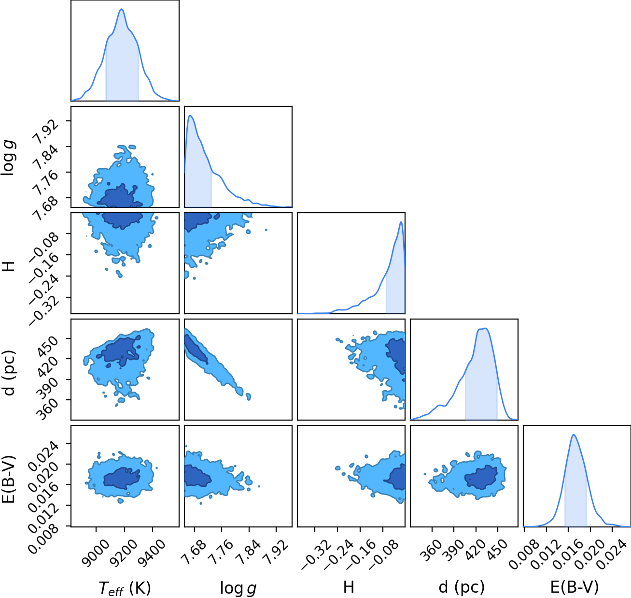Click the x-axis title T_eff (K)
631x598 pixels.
click(125, 587)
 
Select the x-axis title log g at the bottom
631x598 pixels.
click(238, 588)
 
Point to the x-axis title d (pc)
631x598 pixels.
click(462, 587)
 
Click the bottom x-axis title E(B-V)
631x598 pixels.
click(575, 587)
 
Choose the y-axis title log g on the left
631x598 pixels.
click(8, 157)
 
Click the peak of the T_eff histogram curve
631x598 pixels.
click(122, 9)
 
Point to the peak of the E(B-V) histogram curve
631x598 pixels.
click(574, 435)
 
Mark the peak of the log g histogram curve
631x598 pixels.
click(190, 115)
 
